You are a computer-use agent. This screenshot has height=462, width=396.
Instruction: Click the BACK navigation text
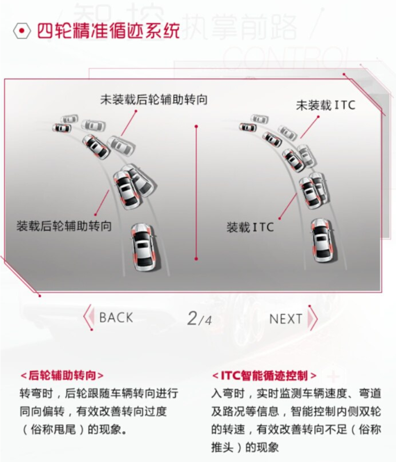[x=116, y=318]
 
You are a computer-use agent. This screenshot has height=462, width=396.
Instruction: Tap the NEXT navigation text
[x=285, y=319]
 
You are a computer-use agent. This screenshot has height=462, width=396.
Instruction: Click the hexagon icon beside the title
[x=21, y=31]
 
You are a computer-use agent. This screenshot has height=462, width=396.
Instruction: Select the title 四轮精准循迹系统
[x=108, y=31]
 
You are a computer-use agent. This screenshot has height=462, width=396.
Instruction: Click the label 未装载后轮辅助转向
[x=154, y=100]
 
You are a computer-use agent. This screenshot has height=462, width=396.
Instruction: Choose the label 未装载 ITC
[x=325, y=105]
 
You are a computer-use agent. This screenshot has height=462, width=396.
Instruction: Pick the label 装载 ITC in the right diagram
[x=250, y=227]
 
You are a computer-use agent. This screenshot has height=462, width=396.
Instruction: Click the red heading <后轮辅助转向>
[x=62, y=376]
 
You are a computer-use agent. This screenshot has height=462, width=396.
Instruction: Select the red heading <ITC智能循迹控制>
[x=264, y=376]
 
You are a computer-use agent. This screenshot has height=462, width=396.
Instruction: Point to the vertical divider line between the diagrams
[x=196, y=192]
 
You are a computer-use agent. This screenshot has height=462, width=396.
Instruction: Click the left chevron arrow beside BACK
[x=88, y=317]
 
